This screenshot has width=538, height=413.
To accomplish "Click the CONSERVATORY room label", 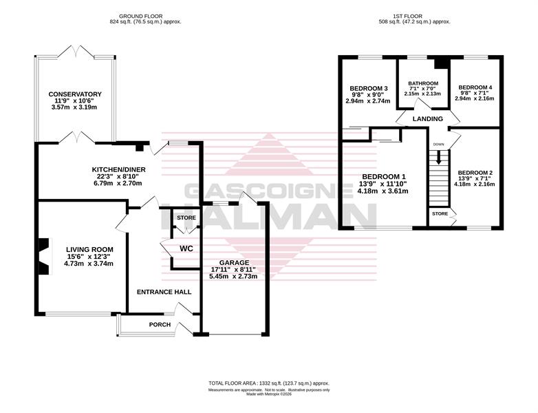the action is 75,94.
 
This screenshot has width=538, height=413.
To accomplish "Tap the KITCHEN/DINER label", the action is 119,169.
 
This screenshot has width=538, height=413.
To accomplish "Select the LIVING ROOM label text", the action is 89,250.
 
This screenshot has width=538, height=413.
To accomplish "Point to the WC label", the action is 186,248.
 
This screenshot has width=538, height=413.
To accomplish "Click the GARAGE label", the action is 235,263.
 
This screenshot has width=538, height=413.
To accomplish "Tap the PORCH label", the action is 160,324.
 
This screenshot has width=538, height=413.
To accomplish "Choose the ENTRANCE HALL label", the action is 164,292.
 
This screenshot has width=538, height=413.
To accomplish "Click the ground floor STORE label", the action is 186,218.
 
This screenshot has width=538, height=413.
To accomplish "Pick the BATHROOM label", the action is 423,83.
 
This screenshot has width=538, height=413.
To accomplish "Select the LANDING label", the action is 427,119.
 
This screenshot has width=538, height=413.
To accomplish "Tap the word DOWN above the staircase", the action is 438,144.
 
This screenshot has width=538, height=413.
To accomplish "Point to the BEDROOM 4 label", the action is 475,87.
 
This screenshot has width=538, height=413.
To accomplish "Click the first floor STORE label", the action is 440,213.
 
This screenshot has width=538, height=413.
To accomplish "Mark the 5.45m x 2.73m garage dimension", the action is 233,276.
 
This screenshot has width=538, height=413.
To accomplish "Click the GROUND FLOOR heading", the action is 140,16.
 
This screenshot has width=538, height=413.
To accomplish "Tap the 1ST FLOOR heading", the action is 407,16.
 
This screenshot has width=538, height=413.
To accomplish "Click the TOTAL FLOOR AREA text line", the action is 269,383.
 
